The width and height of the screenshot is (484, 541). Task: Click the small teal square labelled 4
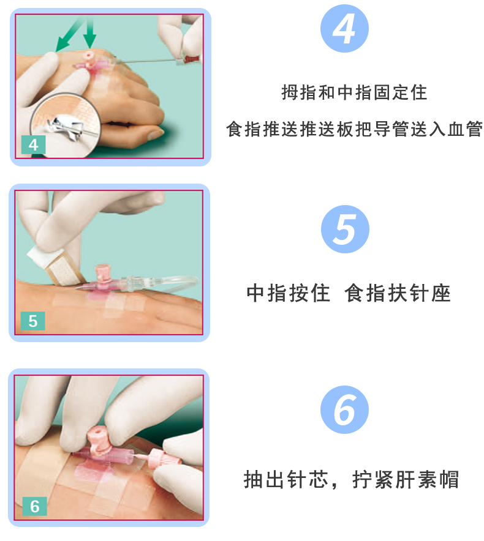point(33,144)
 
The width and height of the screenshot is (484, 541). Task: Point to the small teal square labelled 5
point(33,321)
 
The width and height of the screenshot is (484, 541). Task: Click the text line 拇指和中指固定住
point(354,93)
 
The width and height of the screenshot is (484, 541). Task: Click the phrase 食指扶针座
point(398,293)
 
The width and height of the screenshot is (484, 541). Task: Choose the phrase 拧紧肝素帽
point(406,479)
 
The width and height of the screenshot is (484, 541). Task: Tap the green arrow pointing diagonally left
point(66,38)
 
